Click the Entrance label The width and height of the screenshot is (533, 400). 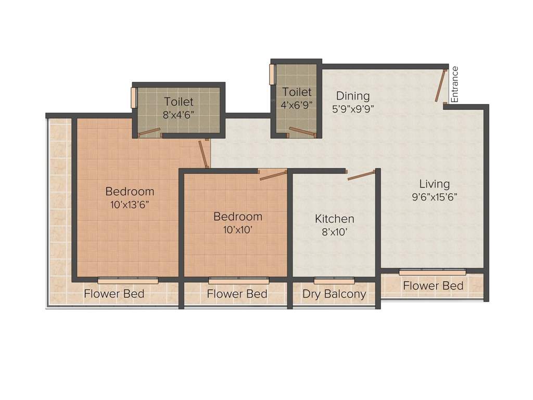454,84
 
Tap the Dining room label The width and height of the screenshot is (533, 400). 352,96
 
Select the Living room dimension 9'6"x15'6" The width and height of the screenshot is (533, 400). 435,197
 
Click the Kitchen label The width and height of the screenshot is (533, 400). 334,219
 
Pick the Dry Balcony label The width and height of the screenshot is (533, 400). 334,294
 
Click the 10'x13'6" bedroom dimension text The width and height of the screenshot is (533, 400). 130,205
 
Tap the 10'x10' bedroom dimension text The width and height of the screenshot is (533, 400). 238,229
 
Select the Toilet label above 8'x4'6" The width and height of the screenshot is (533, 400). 179,102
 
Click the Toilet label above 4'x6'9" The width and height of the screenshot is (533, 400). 297,92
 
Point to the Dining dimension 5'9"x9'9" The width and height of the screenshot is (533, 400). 353,109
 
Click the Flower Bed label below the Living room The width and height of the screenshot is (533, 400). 433,285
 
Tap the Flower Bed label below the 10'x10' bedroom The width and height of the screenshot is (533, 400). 237,294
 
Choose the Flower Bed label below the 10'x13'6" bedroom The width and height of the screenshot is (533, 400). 114,294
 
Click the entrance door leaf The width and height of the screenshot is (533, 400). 441,85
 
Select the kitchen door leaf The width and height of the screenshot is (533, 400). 361,175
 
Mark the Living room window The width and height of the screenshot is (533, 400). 432,272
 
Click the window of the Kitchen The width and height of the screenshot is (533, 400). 334,281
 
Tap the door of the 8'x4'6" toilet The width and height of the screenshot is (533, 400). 149,132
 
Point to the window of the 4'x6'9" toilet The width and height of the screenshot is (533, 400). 272,74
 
